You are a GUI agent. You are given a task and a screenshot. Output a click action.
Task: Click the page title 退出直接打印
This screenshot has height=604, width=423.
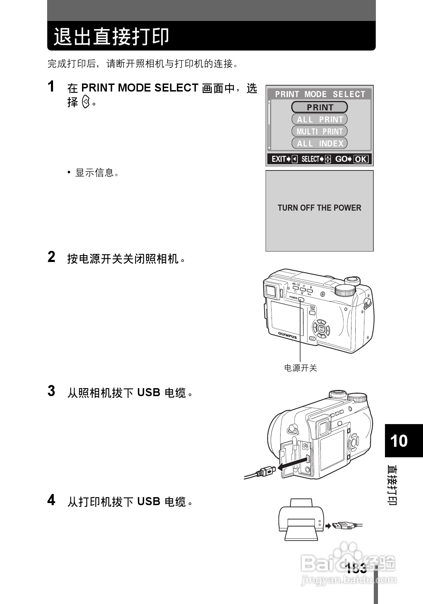(x=111, y=36)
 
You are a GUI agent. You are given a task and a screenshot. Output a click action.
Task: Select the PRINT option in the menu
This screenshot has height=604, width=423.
(x=320, y=107)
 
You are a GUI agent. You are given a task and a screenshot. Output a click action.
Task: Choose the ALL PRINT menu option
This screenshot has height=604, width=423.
(x=320, y=119)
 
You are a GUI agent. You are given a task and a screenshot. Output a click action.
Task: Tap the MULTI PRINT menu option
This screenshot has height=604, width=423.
(x=320, y=131)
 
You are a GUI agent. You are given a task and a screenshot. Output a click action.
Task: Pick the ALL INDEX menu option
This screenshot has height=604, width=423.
(x=320, y=143)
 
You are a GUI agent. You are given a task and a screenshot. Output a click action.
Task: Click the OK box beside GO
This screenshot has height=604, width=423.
(x=361, y=159)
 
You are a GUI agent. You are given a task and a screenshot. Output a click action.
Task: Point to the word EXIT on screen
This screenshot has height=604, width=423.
(x=279, y=159)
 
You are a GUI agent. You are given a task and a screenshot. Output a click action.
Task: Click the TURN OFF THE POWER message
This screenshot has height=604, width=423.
(x=319, y=208)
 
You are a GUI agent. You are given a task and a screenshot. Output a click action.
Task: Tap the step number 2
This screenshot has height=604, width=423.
(x=51, y=257)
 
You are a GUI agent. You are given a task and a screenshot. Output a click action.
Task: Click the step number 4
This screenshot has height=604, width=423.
(x=51, y=500)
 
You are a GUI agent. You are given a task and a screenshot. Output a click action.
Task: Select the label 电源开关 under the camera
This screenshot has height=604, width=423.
(x=300, y=368)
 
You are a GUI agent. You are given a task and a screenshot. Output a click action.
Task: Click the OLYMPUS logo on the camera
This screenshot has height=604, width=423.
(x=287, y=335)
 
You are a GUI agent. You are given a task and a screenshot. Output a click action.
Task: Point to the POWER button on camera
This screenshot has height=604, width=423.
(x=301, y=299)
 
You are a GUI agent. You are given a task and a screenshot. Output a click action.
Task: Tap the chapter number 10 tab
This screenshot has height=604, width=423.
(x=399, y=441)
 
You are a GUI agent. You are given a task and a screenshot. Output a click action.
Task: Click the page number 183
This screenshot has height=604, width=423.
(x=356, y=568)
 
